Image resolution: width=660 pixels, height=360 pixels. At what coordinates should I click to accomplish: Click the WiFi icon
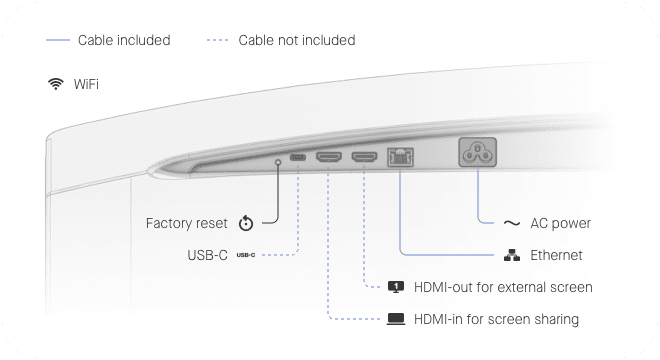[54, 83]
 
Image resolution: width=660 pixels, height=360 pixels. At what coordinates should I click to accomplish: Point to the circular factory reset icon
[246, 223]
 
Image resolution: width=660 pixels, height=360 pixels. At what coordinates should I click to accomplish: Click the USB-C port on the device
[298, 158]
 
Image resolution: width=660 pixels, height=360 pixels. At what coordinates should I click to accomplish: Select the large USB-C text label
[207, 256]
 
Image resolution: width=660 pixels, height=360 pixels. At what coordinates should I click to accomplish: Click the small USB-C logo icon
[246, 256]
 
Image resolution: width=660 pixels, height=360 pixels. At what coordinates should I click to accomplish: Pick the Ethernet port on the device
[400, 156]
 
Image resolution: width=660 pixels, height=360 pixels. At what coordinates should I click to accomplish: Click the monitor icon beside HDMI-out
[396, 287]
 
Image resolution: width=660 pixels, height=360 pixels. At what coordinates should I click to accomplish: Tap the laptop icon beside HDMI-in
[396, 320]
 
